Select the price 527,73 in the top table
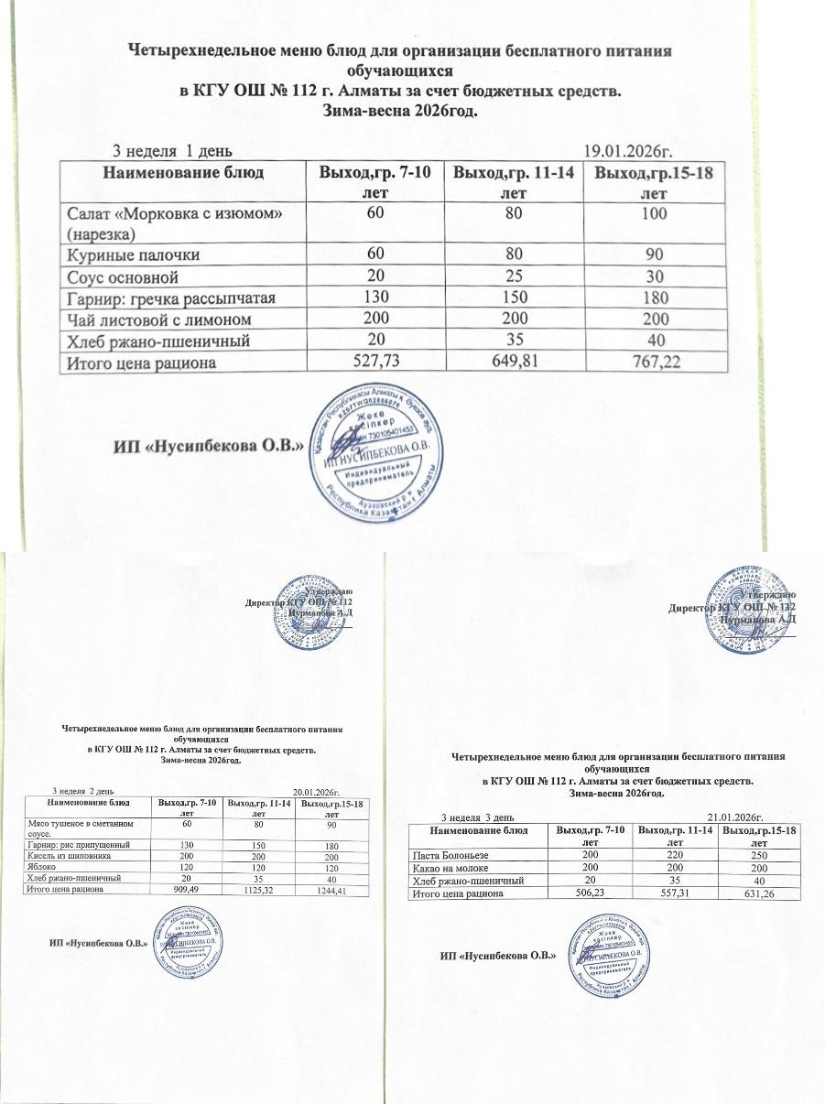coord(371,362)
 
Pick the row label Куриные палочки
coord(134,254)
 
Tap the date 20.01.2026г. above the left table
coord(316,791)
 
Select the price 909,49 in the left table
coord(187,888)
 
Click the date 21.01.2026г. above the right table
coord(735,817)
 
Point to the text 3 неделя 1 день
coord(171,150)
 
